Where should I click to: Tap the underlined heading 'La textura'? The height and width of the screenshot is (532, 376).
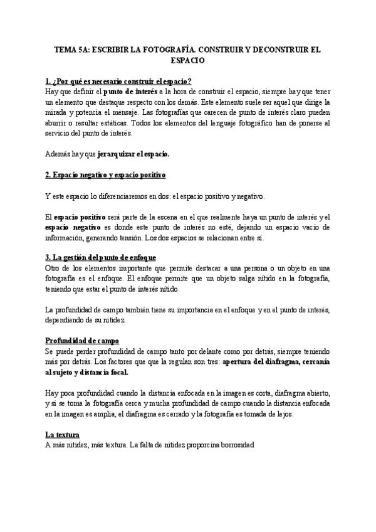pyautogui.click(x=61, y=434)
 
